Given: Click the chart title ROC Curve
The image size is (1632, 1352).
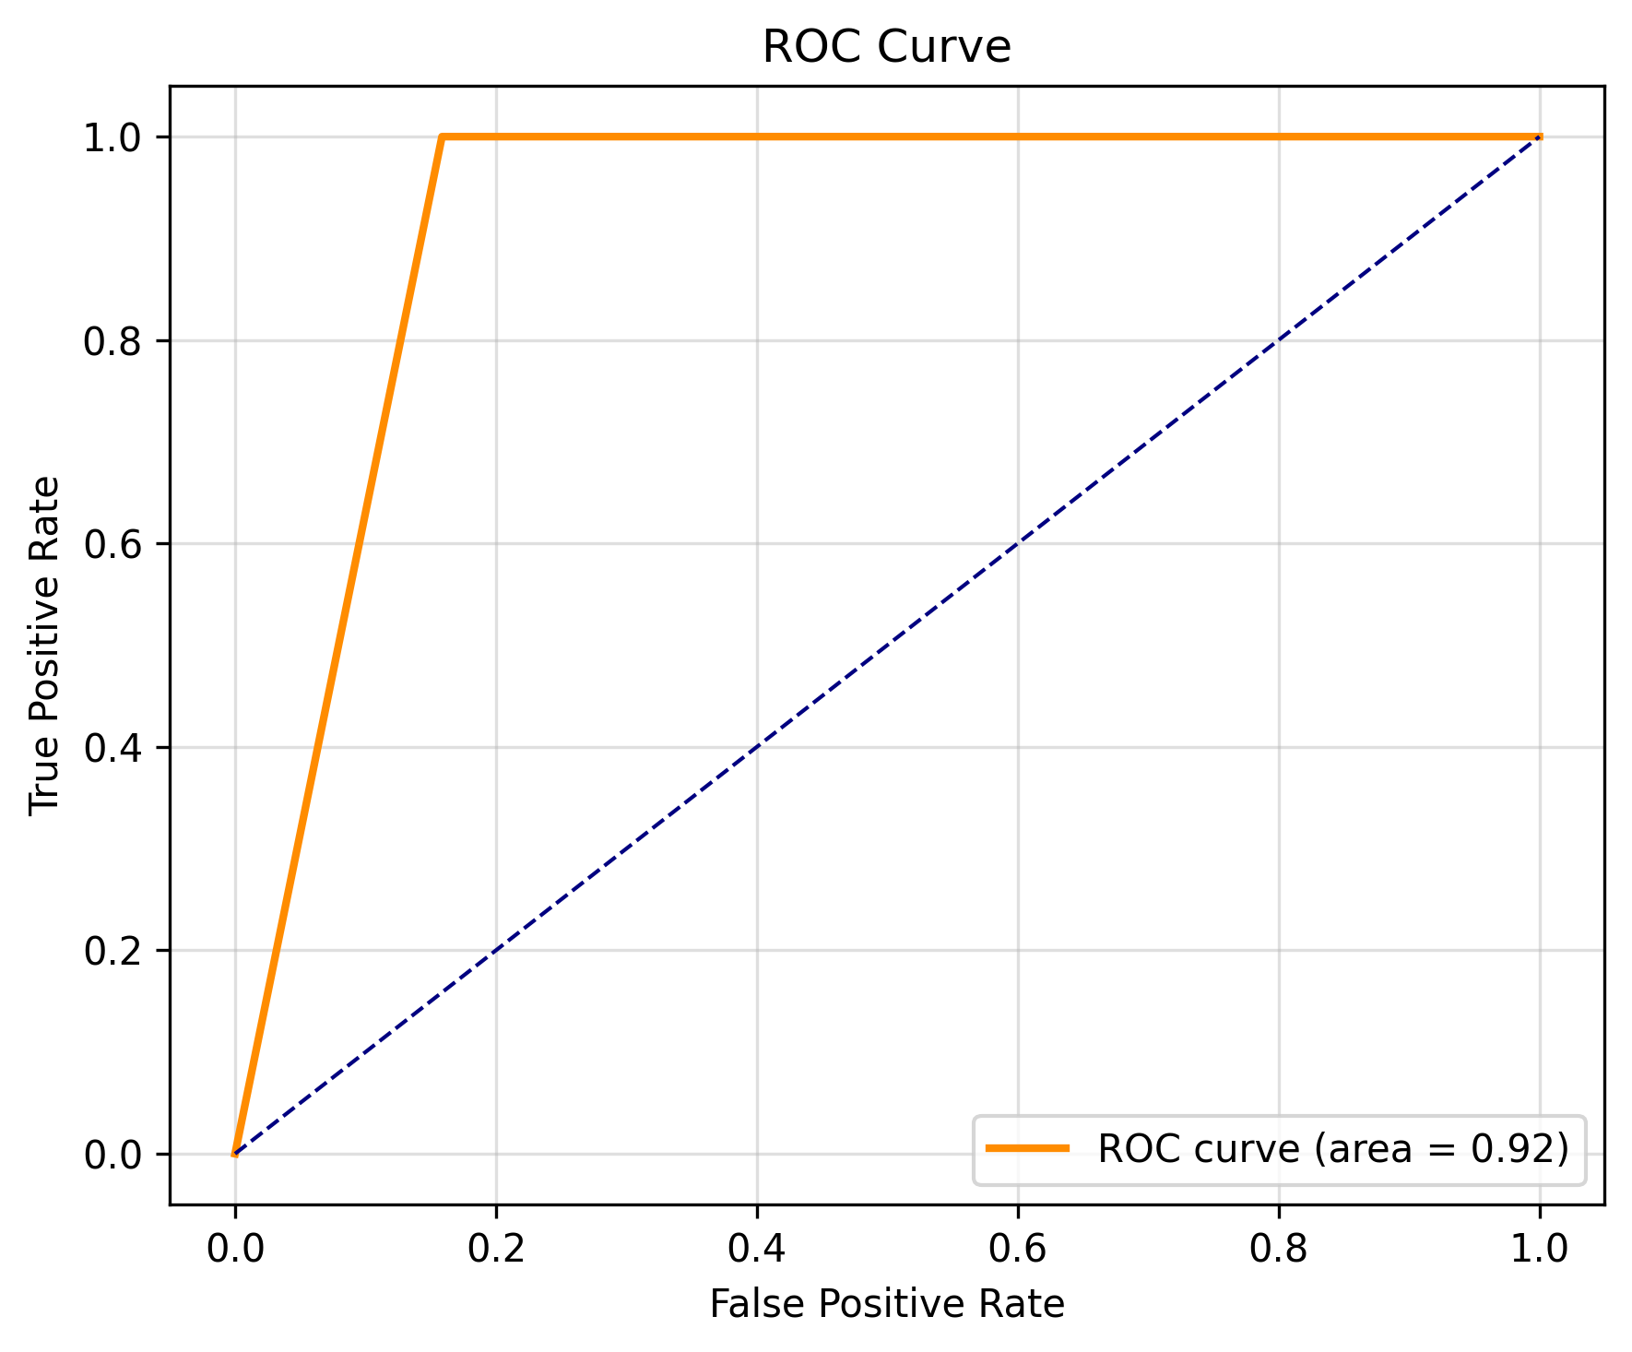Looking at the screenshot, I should pos(886,47).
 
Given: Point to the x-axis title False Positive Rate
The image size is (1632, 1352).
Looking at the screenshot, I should pos(886,1304).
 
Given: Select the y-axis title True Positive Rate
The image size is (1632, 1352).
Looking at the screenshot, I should pos(44,646).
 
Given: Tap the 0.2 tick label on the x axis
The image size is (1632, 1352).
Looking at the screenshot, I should pos(496,1249).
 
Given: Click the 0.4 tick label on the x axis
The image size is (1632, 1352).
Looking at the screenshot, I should pos(757,1249).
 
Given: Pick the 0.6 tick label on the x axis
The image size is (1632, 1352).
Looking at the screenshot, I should pos(1018,1249).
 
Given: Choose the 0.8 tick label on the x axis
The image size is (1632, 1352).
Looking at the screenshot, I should pos(1279,1249).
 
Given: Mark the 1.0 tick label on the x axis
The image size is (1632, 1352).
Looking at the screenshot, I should pos(1540,1249).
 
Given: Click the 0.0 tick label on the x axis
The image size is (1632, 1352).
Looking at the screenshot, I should pos(235,1249).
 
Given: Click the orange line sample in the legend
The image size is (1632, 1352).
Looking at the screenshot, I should pos(1027,1148).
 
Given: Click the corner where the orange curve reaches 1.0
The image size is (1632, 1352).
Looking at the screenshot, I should pos(443,137).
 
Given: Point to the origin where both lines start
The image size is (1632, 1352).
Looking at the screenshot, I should pos(235,1154).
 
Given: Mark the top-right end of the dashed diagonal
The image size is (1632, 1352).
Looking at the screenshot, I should pos(1540,137).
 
